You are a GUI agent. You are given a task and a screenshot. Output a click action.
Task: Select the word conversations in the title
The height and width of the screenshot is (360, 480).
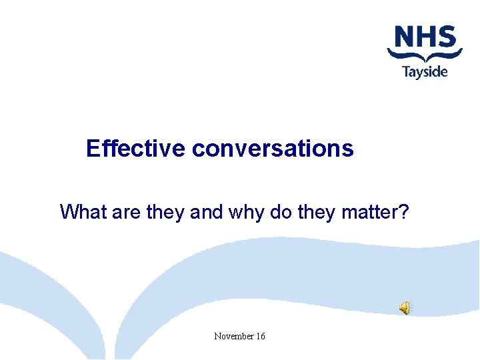pyautogui.click(x=273, y=148)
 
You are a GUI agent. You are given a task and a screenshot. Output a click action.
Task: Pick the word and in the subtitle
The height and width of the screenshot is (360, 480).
pyautogui.click(x=207, y=212)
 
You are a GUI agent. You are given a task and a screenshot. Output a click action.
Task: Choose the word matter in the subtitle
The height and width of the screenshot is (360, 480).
pyautogui.click(x=370, y=212)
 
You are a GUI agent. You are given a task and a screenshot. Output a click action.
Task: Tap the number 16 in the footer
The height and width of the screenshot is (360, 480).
pyautogui.click(x=259, y=336)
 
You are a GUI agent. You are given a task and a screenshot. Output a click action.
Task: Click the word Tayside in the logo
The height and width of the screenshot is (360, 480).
pyautogui.click(x=425, y=71)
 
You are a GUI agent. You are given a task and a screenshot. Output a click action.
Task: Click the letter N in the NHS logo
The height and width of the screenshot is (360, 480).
pyautogui.click(x=404, y=37)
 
